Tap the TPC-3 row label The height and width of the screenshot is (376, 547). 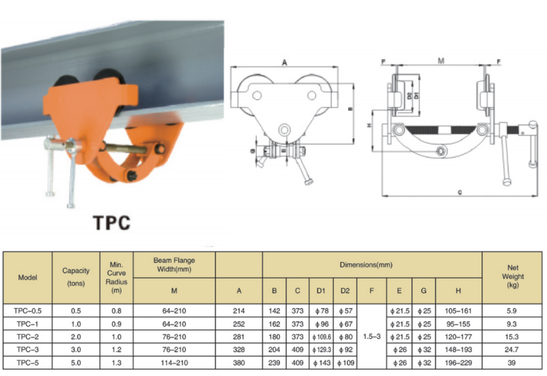click(27, 349)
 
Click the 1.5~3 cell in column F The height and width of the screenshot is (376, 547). click(371, 336)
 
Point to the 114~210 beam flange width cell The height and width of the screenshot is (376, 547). click(174, 361)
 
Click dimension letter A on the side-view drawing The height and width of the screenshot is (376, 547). click(283, 62)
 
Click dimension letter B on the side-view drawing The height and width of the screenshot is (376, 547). click(350, 109)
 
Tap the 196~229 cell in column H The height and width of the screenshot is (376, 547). click(458, 361)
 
